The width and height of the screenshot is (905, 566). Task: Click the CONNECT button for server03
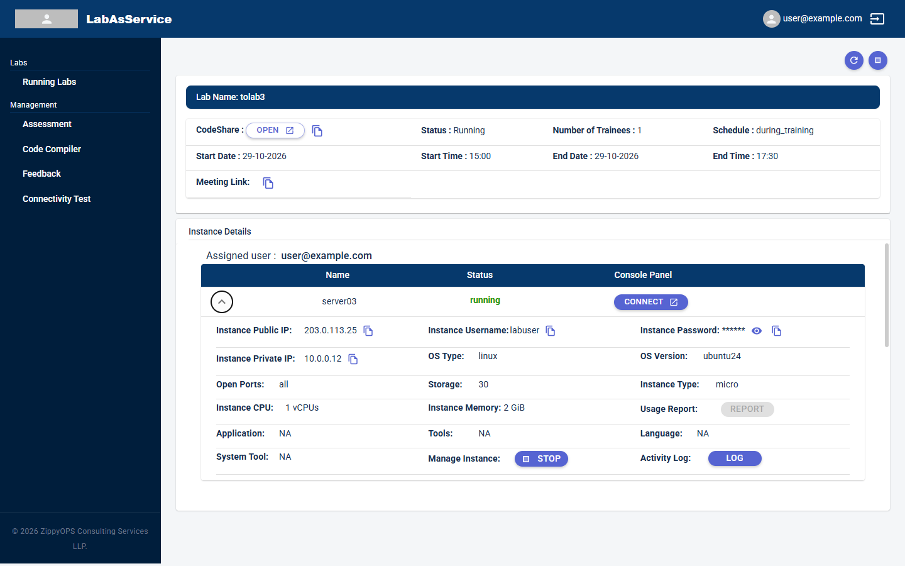650,302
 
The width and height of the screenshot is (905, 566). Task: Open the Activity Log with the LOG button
735,458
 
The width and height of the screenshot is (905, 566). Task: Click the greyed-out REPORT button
747,409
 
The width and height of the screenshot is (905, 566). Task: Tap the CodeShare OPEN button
275,130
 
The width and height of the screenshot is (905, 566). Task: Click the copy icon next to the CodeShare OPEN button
317,131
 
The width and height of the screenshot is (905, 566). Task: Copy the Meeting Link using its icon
268,183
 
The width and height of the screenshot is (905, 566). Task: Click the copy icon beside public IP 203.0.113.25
368,331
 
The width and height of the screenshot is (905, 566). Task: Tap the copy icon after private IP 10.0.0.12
353,359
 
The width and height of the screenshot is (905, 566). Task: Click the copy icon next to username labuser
550,331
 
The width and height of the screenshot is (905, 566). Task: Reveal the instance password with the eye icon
756,331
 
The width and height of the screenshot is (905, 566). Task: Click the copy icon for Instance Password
776,331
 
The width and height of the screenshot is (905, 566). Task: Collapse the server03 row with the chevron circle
222,302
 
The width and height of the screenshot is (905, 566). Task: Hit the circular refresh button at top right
853,60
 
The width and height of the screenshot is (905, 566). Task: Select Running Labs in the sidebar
49,82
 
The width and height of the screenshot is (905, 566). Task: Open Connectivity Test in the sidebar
57,199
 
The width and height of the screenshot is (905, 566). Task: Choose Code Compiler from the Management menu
52,149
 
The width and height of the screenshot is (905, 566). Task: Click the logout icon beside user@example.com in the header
877,19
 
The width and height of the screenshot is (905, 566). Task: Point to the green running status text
485,301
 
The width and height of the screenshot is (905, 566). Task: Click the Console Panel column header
643,275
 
